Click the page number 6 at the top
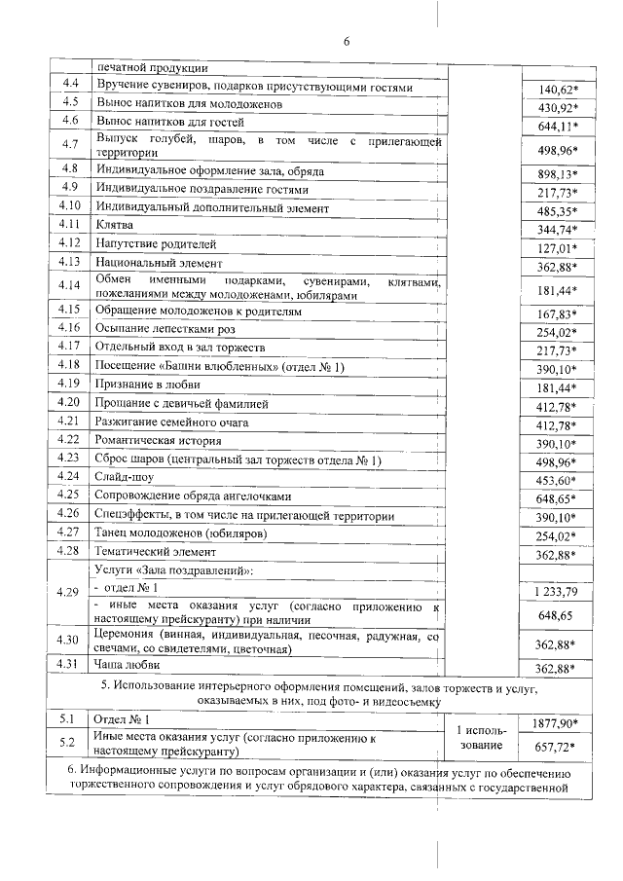click(345, 41)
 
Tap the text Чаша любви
click(128, 664)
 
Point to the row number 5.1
click(68, 720)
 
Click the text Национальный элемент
click(159, 263)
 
